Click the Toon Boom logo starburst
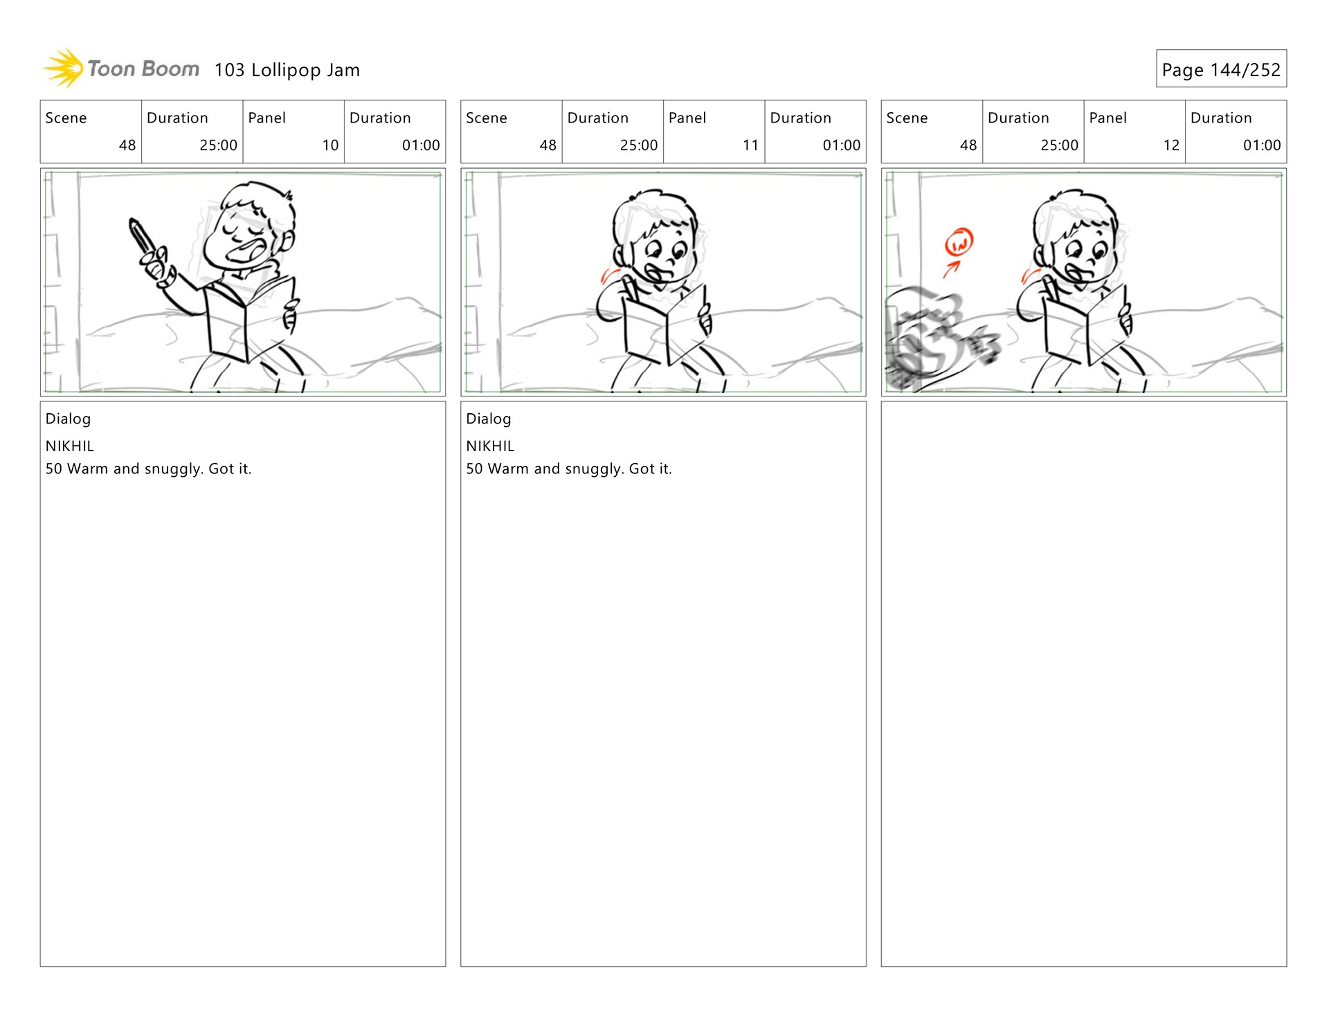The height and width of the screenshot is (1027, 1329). pos(64,69)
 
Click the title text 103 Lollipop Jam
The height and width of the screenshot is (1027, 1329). pos(287,70)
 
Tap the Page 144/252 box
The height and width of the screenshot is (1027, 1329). pos(1221,69)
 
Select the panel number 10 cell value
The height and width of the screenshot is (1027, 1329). pos(330,145)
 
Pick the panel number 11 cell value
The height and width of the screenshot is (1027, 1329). pos(750,145)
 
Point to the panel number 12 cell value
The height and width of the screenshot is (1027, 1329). pos(1171,145)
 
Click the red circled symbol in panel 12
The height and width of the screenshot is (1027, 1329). pos(959,242)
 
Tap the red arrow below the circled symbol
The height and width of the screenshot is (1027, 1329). pos(951,269)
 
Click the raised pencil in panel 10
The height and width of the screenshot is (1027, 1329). pos(143,239)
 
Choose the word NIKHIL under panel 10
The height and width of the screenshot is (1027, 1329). pos(69,446)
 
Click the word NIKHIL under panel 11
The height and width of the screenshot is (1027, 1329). pos(490,446)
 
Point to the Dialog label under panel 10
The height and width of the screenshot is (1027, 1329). pos(68,419)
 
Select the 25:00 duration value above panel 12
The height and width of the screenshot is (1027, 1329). pos(1059,145)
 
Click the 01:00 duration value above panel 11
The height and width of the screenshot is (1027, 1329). pos(841,145)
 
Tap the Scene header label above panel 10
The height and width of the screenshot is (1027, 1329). pos(66,118)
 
